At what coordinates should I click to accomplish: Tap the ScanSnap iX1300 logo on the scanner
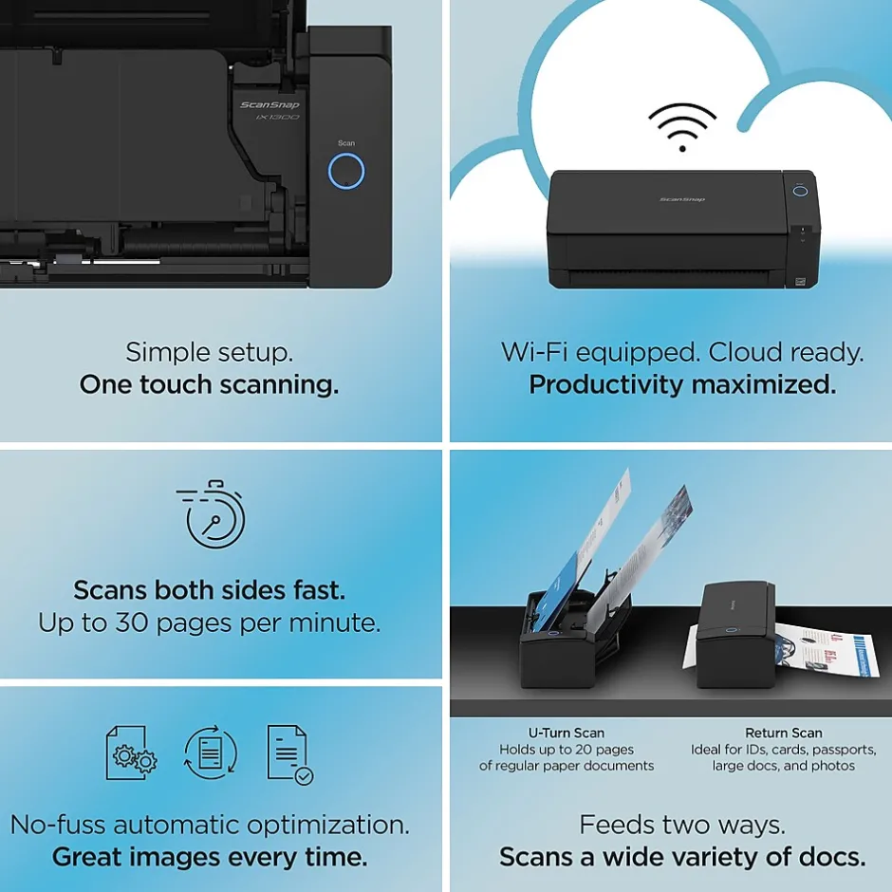coord(270,110)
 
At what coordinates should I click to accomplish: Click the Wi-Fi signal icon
coord(682,127)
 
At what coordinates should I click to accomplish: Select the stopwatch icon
coord(211,514)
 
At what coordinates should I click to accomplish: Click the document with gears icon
coord(131,753)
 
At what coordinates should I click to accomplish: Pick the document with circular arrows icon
coord(211,753)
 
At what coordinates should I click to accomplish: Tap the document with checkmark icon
coord(290,754)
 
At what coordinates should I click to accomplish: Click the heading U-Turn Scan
coord(566,733)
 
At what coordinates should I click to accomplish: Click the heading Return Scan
coord(783,733)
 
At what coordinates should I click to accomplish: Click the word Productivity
coord(605,385)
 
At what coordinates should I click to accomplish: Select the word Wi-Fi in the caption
coord(534,352)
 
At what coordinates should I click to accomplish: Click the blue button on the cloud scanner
coord(800,191)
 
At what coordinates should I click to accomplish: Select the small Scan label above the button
coord(345,143)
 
